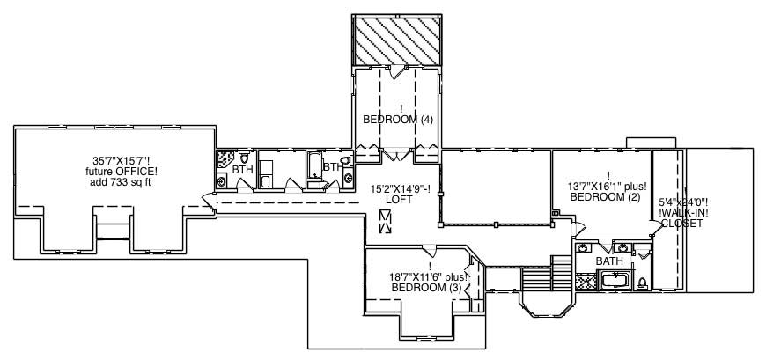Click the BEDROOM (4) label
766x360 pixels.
click(x=398, y=120)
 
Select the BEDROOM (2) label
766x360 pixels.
click(x=608, y=198)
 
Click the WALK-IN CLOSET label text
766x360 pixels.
click(x=682, y=218)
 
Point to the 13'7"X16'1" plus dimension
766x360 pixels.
click(x=608, y=187)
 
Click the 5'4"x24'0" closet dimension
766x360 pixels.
click(x=684, y=201)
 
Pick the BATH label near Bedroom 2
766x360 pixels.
click(x=609, y=261)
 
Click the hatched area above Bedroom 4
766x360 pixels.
click(x=398, y=40)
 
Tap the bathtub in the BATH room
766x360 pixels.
click(x=615, y=282)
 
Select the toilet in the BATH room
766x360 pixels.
click(x=642, y=283)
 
